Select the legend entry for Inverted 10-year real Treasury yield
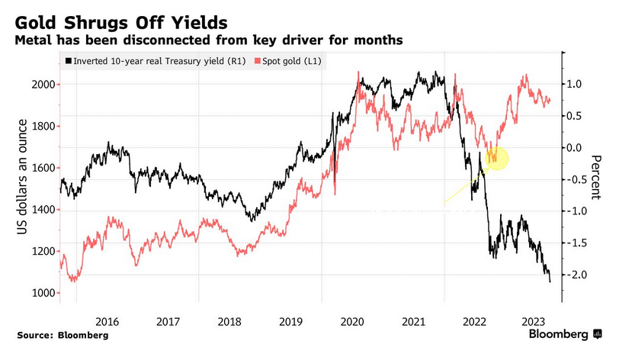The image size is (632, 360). click(x=153, y=61)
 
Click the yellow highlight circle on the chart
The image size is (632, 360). click(x=496, y=158)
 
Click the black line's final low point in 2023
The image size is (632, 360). click(x=550, y=281)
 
